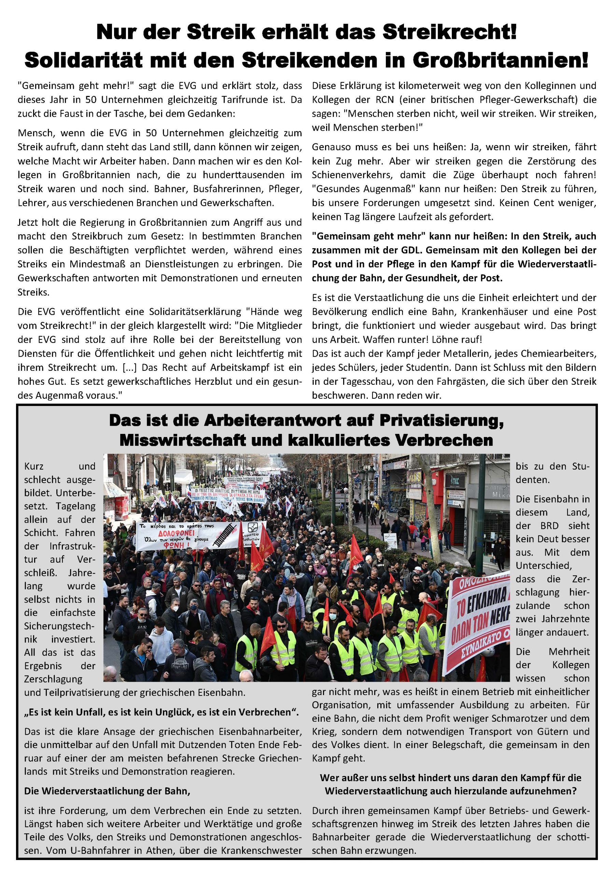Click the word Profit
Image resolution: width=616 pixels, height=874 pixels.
439,718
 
